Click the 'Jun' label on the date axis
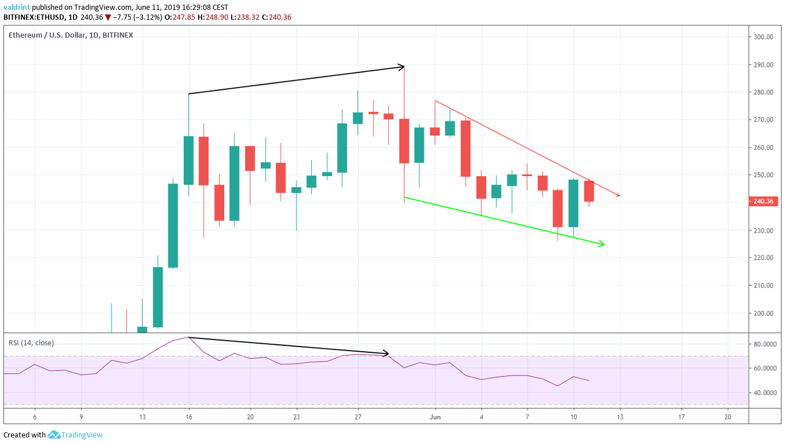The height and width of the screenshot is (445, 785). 435,417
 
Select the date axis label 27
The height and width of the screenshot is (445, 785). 358,417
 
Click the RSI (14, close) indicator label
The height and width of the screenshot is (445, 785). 31,342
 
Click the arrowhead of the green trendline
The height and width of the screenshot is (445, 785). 603,244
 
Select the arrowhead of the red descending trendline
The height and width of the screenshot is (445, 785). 618,195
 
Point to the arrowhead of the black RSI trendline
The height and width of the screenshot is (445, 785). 385,353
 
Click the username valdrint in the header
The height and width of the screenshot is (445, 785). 17,7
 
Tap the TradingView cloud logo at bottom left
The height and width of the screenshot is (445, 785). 54,435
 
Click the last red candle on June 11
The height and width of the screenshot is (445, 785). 589,191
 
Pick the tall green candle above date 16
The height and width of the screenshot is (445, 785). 188,160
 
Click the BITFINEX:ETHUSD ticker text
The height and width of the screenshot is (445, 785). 35,17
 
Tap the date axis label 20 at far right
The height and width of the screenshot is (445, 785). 728,417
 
